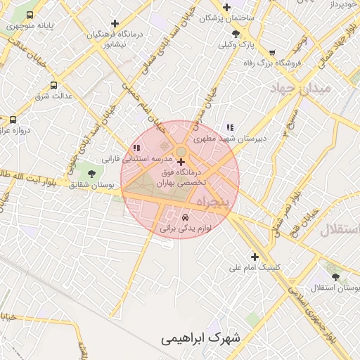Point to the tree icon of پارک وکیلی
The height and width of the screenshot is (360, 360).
[x=236, y=33]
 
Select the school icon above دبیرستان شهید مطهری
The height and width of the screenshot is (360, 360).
[x=230, y=127]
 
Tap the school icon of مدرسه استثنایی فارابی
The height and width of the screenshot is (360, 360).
[x=136, y=148]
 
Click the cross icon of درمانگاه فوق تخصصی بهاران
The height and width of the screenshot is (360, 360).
[x=182, y=162]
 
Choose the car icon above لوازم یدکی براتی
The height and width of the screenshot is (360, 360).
[x=185, y=218]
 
